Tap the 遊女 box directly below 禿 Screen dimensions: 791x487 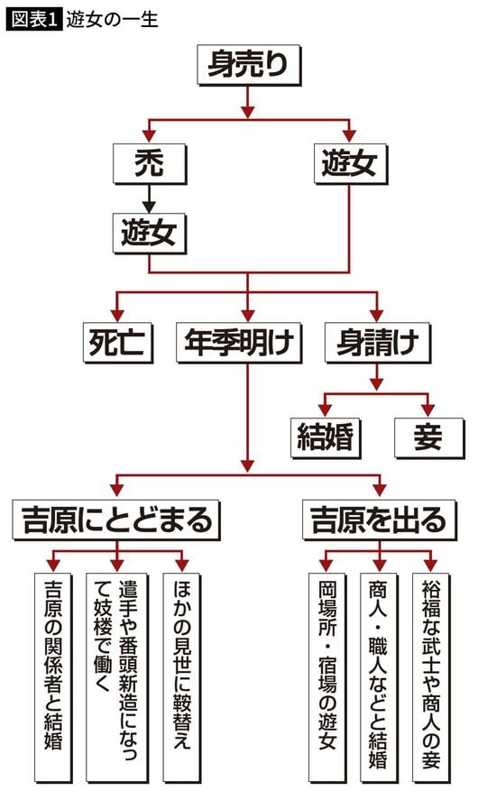150,235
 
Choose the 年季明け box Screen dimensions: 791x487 246,343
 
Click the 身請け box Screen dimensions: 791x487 376,343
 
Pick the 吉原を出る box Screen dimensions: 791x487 378,520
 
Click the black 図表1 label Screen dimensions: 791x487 34,19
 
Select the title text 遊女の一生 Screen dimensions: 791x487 112,19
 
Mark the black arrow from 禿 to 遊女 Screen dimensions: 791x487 150,197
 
